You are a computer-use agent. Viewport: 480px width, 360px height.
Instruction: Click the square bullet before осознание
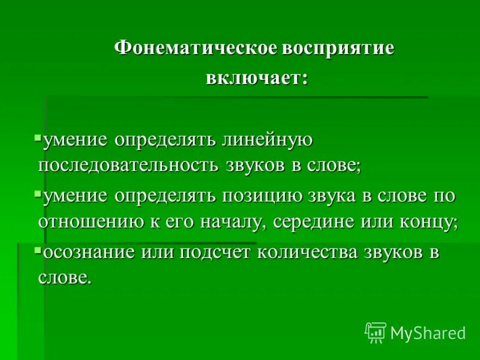pyautogui.click(x=38, y=249)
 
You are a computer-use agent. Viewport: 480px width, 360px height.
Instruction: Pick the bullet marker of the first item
pyautogui.click(x=38, y=137)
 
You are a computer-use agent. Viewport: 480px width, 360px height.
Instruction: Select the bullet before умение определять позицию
pyautogui.click(x=38, y=193)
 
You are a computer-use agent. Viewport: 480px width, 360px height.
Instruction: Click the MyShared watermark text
pyautogui.click(x=427, y=333)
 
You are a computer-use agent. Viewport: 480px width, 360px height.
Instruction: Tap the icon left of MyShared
pyautogui.click(x=375, y=332)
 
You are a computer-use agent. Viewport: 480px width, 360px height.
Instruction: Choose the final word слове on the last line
pyautogui.click(x=65, y=277)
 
